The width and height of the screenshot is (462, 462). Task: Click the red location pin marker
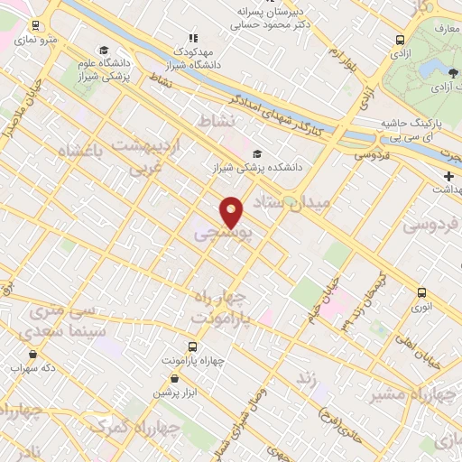[231, 211]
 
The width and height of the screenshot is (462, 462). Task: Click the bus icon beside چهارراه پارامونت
[191, 346]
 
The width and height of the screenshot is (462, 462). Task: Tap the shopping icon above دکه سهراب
[33, 354]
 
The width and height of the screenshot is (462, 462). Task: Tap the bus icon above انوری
[421, 291]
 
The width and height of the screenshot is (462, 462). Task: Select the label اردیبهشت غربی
[144, 155]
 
